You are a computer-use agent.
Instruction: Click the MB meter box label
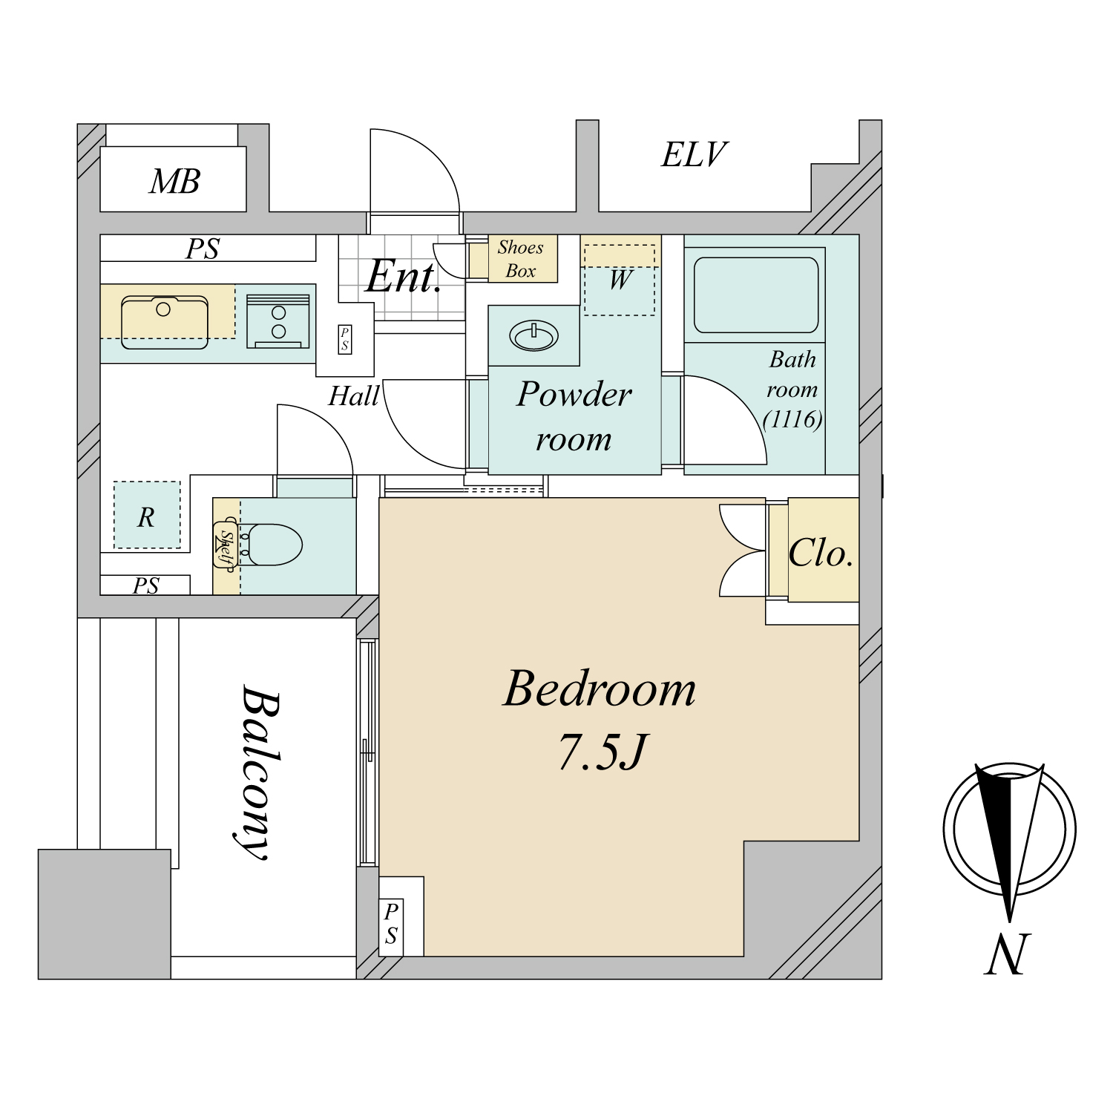click(x=175, y=182)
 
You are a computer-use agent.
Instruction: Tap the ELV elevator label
click(x=694, y=155)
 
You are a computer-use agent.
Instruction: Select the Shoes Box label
click(x=520, y=259)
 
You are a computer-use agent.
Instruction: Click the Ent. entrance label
click(x=404, y=276)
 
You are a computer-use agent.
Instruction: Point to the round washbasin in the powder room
click(x=533, y=335)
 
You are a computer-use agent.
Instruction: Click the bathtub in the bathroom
click(x=755, y=295)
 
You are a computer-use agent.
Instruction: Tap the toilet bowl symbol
click(x=272, y=545)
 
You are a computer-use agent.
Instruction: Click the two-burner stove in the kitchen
click(x=278, y=321)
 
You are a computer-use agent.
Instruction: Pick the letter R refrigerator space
click(x=146, y=517)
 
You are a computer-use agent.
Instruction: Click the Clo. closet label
click(x=821, y=553)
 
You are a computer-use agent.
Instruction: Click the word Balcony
click(x=260, y=772)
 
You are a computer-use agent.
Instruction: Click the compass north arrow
click(x=1009, y=843)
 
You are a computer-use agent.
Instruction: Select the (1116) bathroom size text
click(x=792, y=419)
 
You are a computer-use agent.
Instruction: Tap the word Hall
click(x=355, y=396)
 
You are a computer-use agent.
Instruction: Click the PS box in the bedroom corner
click(x=391, y=923)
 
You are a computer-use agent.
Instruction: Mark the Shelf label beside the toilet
click(x=226, y=545)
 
